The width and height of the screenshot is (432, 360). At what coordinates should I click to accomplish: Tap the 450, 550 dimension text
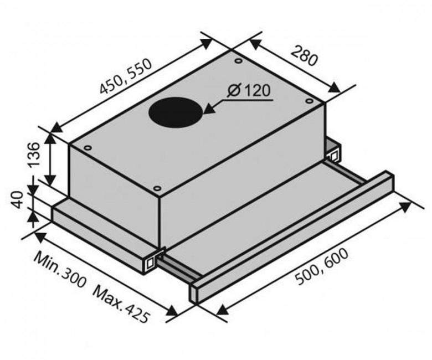(125, 76)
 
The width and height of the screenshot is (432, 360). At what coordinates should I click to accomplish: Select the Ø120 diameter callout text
(249, 90)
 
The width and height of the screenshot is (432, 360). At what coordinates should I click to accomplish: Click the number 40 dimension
(17, 200)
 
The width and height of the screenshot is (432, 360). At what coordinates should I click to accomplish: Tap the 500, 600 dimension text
(322, 266)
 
